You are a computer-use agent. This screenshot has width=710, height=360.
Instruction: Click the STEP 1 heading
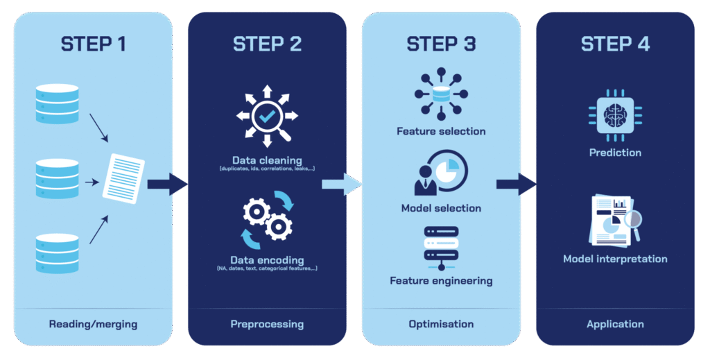click(x=94, y=44)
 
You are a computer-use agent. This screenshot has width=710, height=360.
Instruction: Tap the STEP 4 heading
click(x=615, y=44)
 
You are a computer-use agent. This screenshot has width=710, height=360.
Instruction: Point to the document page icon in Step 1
click(x=123, y=176)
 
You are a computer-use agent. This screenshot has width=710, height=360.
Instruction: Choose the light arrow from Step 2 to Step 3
click(x=342, y=184)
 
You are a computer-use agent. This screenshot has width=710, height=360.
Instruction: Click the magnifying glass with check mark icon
click(x=267, y=117)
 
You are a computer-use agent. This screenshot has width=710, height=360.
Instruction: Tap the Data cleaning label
click(x=267, y=160)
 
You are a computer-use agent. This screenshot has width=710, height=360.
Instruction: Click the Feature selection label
click(x=441, y=131)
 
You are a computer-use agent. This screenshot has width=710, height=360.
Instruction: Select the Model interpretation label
click(x=615, y=259)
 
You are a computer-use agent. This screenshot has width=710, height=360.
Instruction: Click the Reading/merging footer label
click(x=93, y=324)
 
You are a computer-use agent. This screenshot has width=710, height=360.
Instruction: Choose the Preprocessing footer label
click(x=267, y=324)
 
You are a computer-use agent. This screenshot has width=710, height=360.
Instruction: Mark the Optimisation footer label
click(x=441, y=324)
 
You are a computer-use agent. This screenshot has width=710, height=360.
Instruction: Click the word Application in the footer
click(x=615, y=324)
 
